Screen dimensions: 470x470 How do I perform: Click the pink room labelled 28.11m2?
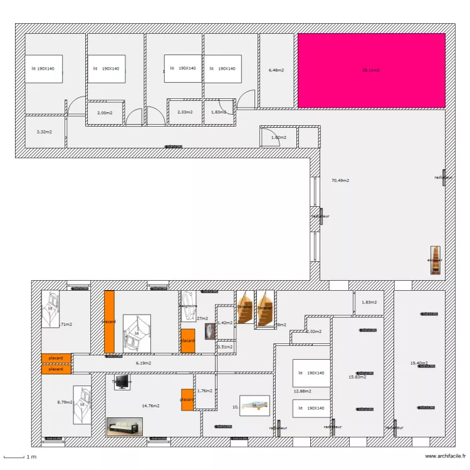[371, 70]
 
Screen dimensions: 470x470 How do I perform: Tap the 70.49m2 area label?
[340, 180]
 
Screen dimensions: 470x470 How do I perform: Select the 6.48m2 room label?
[276, 70]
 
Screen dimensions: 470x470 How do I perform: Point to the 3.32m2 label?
[44, 132]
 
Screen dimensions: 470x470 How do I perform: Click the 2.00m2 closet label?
[105, 113]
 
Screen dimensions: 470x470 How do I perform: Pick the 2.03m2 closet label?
[184, 112]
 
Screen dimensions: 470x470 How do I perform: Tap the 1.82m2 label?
[278, 137]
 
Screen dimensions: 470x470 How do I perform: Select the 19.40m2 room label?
[419, 363]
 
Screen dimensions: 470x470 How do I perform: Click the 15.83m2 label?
[357, 377]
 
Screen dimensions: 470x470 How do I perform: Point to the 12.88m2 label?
[302, 392]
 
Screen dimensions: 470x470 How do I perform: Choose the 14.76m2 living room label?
[150, 405]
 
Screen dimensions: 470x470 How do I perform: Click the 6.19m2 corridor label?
[144, 363]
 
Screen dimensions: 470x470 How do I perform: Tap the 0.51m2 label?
[225, 347]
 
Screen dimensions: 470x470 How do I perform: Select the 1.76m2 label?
[205, 390]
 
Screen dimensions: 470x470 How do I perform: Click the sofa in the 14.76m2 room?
[125, 426]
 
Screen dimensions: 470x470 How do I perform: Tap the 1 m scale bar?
[19, 457]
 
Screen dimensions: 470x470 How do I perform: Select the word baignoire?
[189, 306]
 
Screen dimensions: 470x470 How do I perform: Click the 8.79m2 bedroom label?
[65, 402]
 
